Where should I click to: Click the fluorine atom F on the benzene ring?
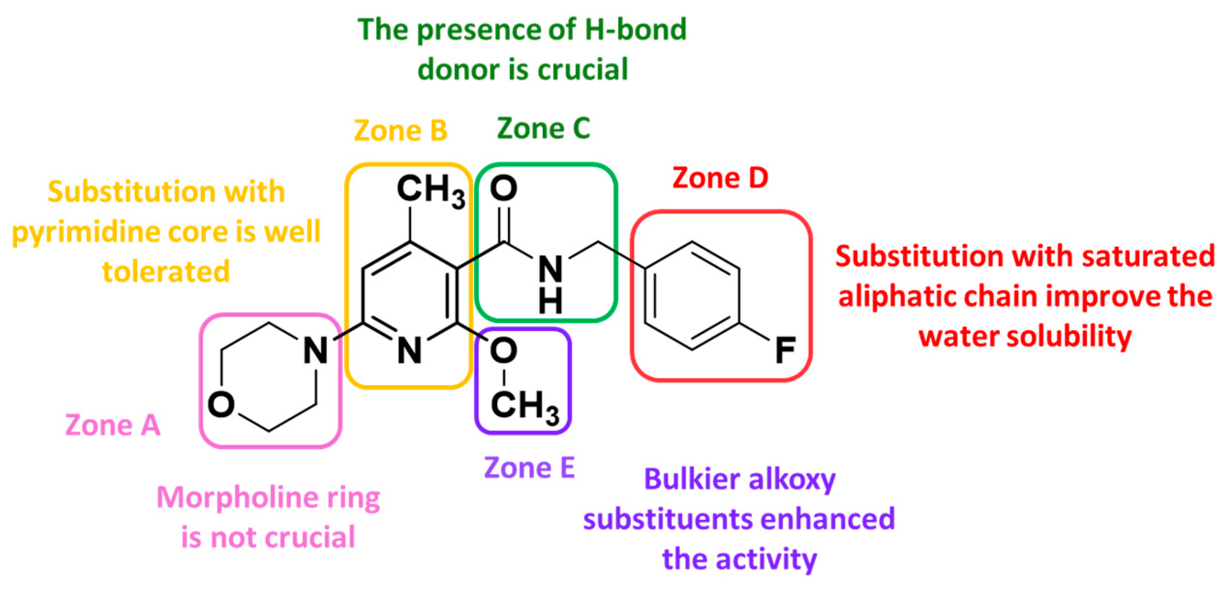point(785,350)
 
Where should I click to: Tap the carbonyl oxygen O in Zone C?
point(503,188)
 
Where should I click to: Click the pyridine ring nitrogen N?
point(409,350)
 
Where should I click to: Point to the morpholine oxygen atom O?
point(221,404)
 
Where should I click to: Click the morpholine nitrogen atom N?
point(316,350)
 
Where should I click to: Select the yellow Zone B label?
point(401,131)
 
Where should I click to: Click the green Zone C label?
point(544,128)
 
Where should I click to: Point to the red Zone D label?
point(720,178)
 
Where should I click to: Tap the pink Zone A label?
point(112,425)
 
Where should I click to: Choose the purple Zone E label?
point(529,467)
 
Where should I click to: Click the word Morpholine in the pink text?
point(237,498)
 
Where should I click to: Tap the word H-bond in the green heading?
point(635,29)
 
